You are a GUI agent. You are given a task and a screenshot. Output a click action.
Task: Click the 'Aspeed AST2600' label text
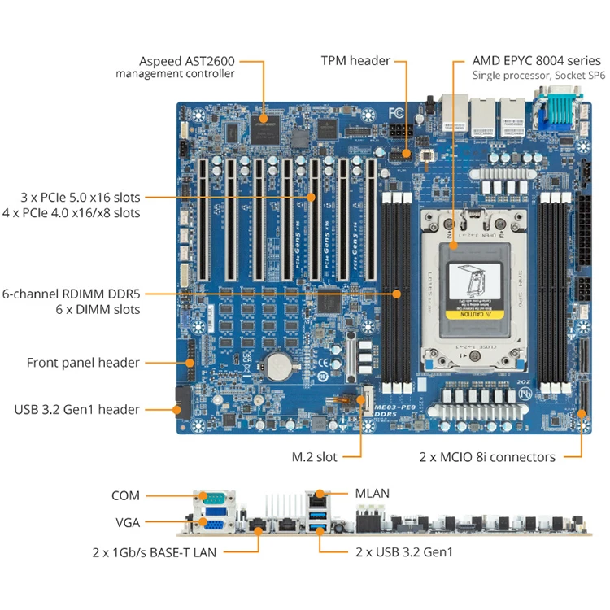coord(186,61)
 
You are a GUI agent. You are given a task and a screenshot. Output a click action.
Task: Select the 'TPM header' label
coord(355,61)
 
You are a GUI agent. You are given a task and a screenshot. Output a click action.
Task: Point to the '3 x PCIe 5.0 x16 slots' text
coord(81,198)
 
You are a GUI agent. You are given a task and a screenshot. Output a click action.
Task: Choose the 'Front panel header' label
coord(83,363)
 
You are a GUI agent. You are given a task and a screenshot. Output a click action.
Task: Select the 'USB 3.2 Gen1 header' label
coord(77,409)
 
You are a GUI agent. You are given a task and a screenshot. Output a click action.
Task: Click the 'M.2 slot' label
coord(315,457)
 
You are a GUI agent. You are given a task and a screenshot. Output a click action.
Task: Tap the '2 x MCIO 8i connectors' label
coord(487,457)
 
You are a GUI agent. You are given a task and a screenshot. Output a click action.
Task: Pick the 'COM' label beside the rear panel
coord(125,495)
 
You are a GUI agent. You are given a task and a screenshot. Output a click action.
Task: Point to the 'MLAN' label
coord(373,493)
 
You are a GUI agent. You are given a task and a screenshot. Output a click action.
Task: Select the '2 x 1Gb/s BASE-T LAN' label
coord(153,551)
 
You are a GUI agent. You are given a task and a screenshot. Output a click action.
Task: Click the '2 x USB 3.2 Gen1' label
coord(404,551)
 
